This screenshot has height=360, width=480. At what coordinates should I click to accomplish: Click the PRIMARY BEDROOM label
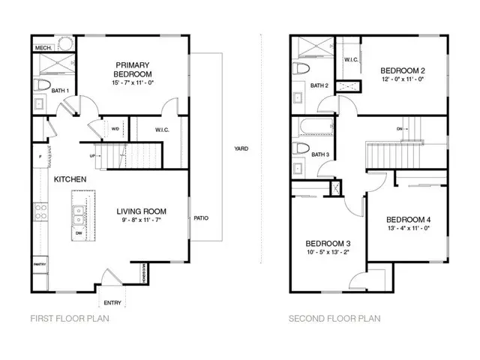pyautogui.click(x=133, y=69)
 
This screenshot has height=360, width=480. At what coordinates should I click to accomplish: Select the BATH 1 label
pyautogui.click(x=60, y=91)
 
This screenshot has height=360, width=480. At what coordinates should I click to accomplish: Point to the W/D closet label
pyautogui.click(x=115, y=128)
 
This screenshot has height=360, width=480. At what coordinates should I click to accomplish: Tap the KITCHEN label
pyautogui.click(x=70, y=179)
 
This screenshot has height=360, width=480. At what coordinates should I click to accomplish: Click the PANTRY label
pyautogui.click(x=40, y=265)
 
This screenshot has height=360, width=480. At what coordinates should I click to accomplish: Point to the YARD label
pyautogui.click(x=241, y=148)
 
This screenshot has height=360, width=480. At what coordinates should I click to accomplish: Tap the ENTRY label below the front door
pyautogui.click(x=112, y=303)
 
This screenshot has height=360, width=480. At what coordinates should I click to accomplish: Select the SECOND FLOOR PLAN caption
pyautogui.click(x=334, y=319)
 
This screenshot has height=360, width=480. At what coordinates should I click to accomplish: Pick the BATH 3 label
pyautogui.click(x=320, y=155)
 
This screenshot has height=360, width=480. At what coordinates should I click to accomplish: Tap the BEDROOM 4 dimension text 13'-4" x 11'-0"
pyautogui.click(x=407, y=228)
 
